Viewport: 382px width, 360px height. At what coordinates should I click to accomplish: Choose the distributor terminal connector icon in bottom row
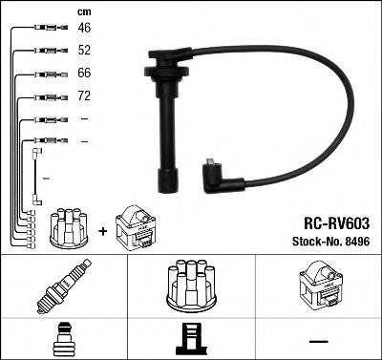tap(191, 338)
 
